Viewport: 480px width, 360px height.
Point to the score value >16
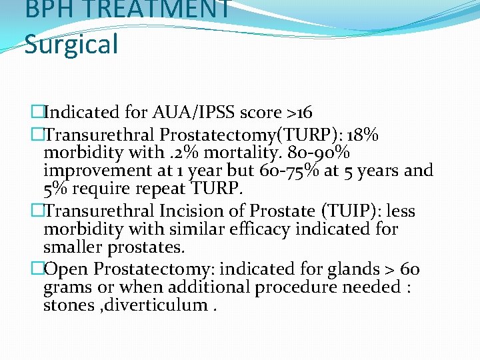tap(298, 112)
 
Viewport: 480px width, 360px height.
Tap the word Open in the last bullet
tap(69, 269)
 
